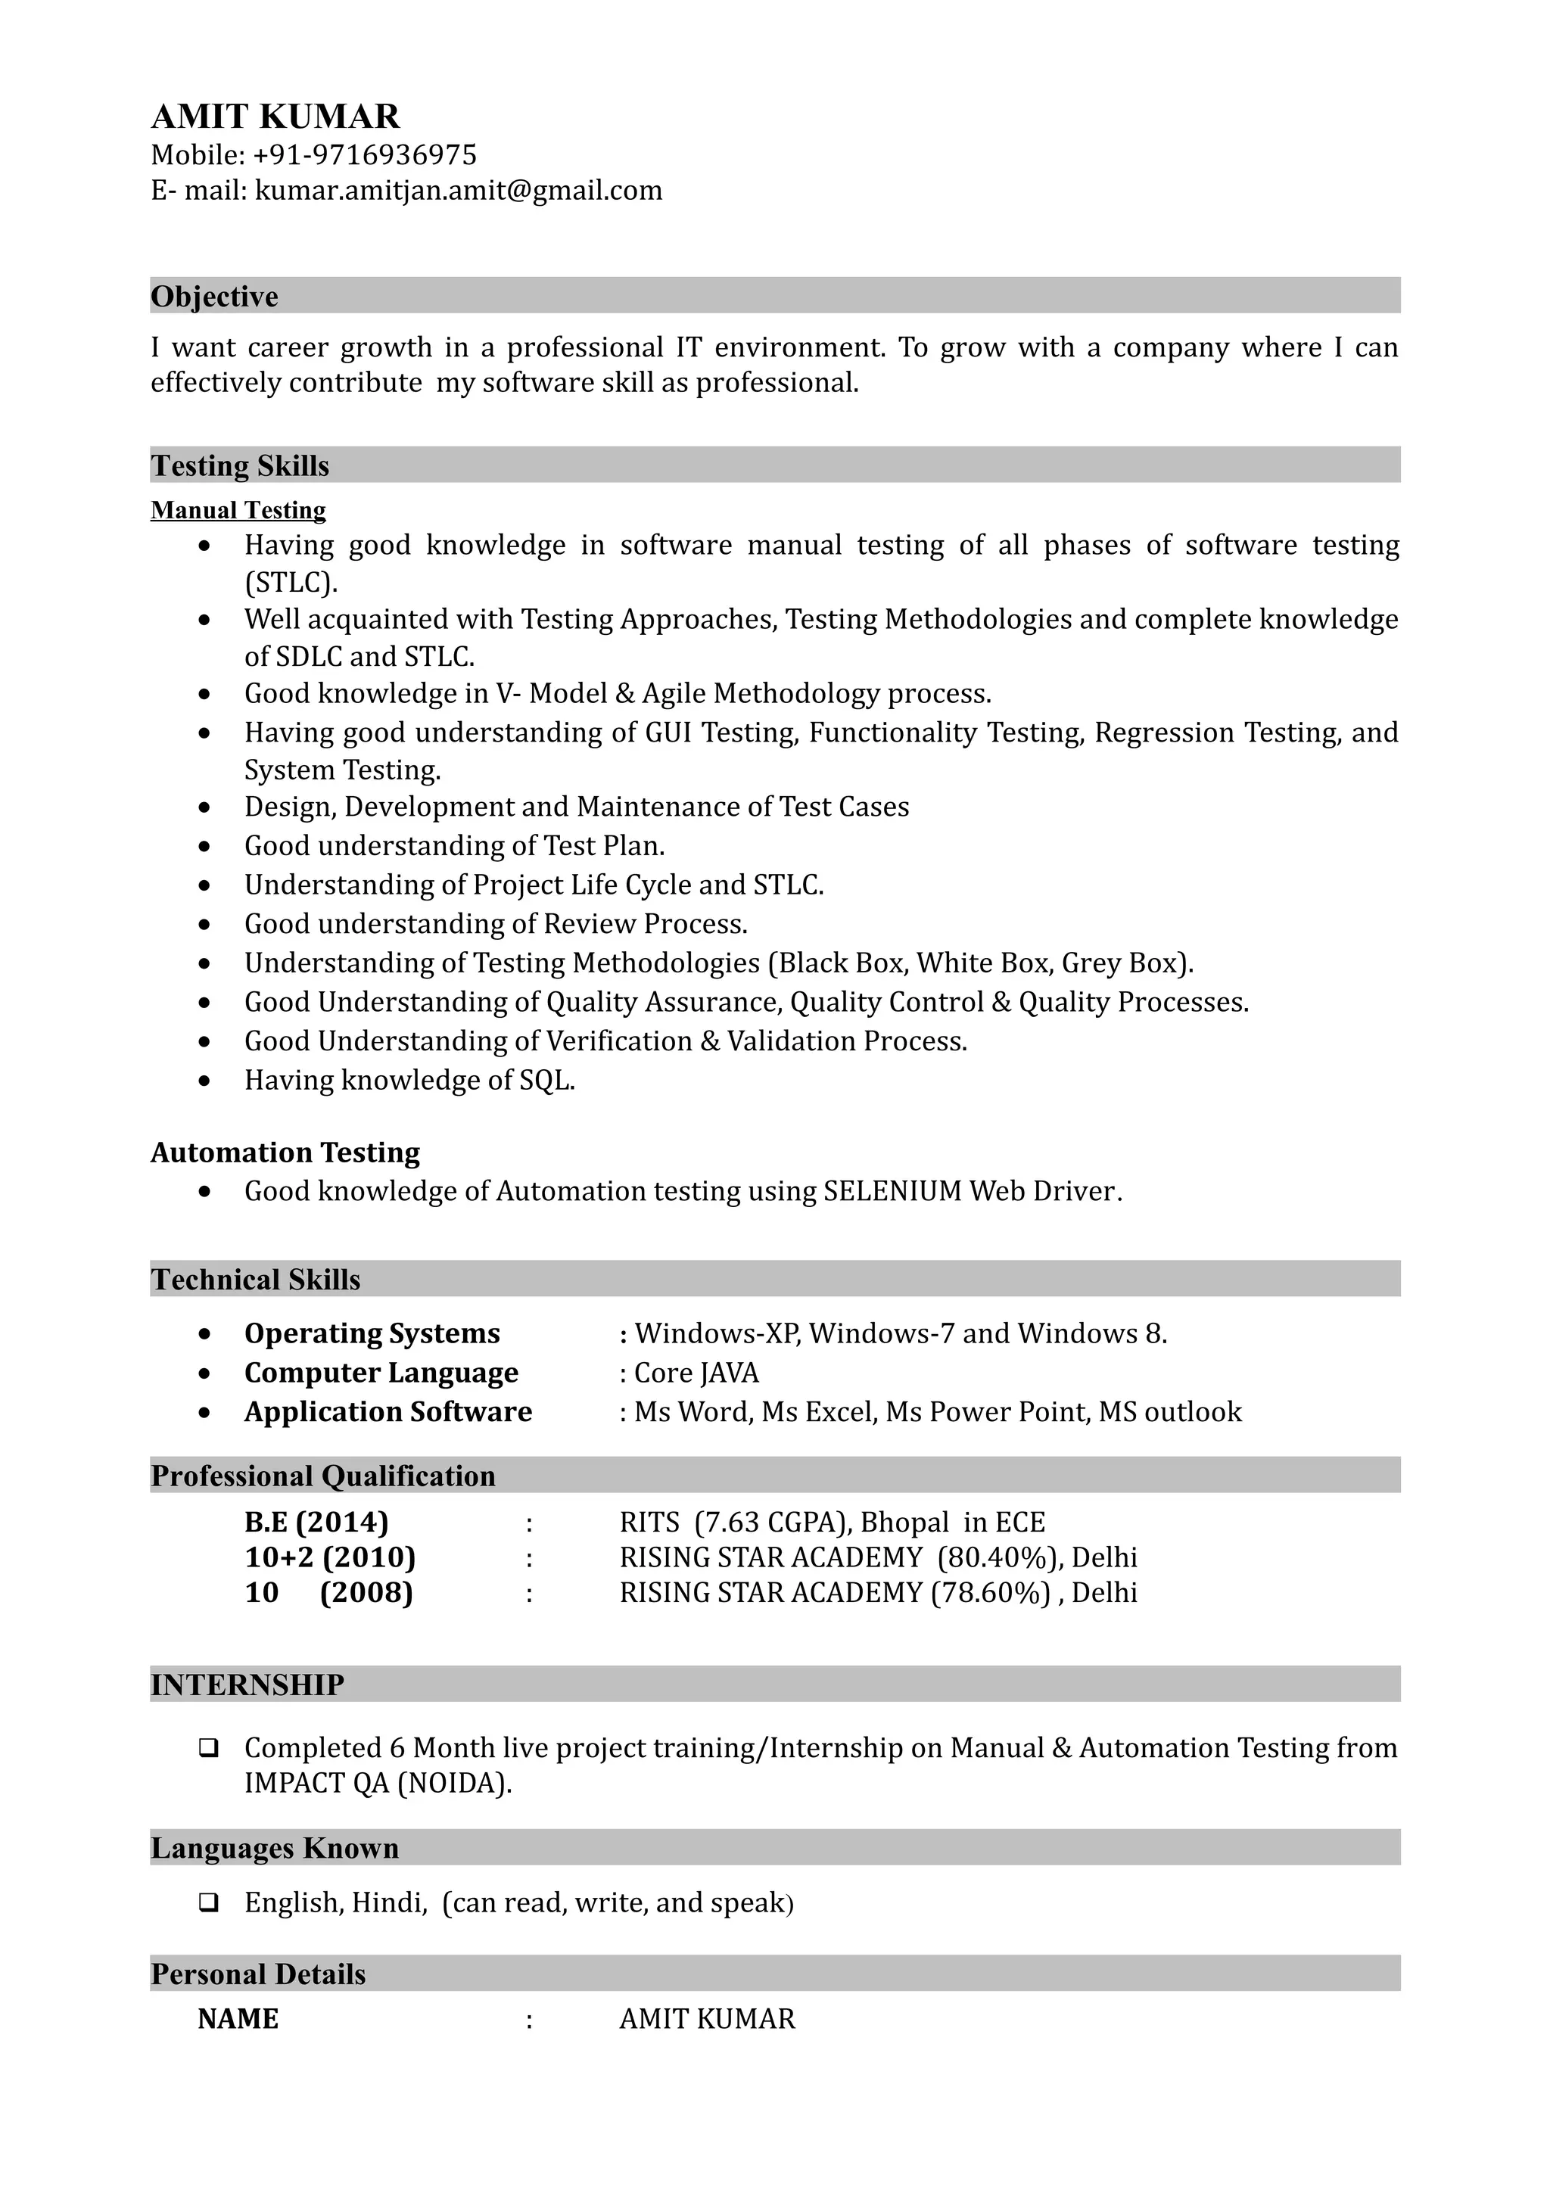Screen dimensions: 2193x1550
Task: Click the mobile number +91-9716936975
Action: point(365,154)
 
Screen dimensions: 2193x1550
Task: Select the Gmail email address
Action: point(459,191)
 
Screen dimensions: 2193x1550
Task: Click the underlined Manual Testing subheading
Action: point(238,510)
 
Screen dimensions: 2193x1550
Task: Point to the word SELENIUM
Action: point(892,1191)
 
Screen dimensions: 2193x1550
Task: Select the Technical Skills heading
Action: point(256,1279)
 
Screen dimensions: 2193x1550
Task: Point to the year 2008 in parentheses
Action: point(367,1592)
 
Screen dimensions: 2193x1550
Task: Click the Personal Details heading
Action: point(259,1974)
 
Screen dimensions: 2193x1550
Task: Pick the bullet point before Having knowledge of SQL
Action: point(204,1081)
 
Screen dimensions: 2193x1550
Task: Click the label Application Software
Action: point(387,1412)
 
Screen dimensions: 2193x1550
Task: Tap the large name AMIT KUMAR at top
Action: point(276,117)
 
